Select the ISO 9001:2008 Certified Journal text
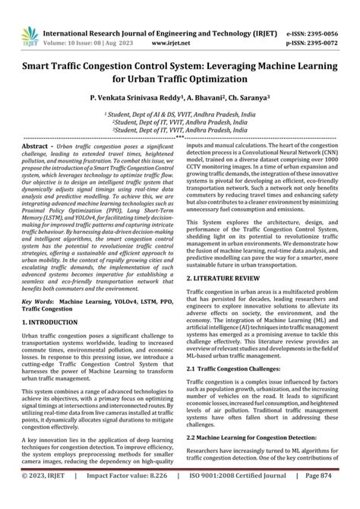(x=238, y=498)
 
